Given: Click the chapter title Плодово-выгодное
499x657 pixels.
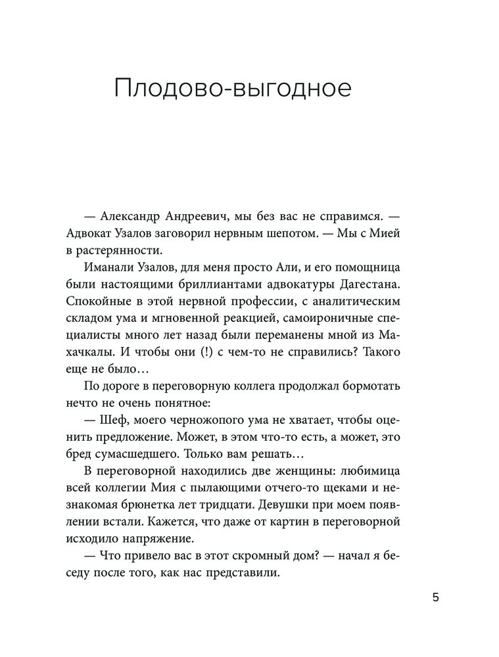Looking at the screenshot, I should pyautogui.click(x=233, y=89).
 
